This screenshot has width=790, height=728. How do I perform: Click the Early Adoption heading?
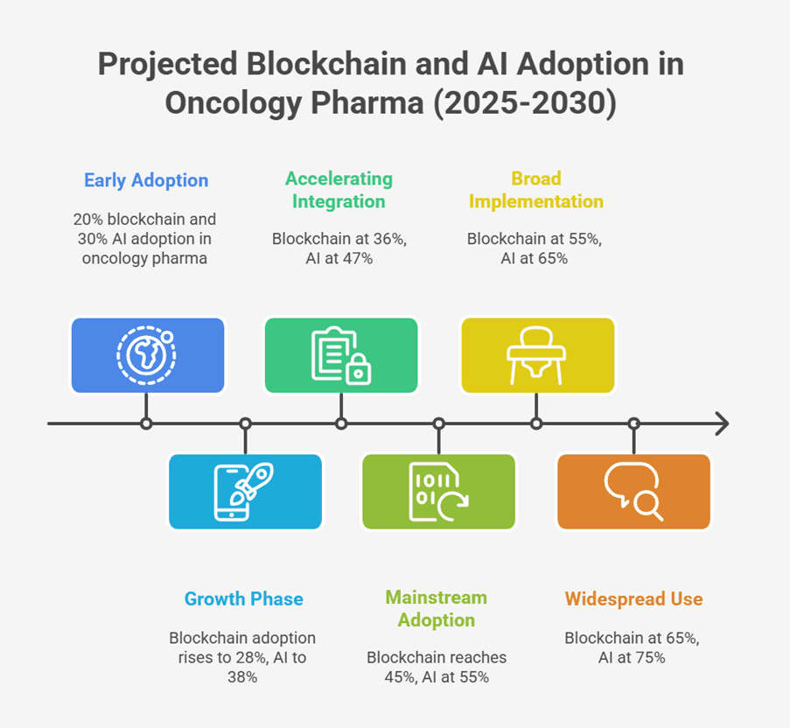tap(146, 180)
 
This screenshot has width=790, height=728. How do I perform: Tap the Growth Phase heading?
tap(244, 598)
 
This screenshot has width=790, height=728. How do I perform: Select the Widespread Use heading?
tap(633, 598)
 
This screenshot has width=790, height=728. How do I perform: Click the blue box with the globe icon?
tap(148, 355)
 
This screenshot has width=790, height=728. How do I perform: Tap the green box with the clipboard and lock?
tap(341, 355)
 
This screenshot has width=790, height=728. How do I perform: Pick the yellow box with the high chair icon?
tap(537, 355)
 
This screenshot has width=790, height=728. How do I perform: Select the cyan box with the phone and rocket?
tap(245, 492)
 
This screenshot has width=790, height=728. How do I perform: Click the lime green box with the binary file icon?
tap(439, 492)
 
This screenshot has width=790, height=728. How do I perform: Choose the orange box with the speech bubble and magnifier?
tap(633, 492)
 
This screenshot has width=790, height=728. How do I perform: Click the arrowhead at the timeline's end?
tap(724, 423)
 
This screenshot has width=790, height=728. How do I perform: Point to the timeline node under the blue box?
tap(146, 423)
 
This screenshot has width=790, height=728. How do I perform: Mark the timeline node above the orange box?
tap(633, 423)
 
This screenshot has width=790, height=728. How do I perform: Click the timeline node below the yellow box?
tap(536, 423)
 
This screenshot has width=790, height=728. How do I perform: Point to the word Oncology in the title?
tap(234, 103)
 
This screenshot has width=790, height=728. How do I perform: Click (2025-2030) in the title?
tap(525, 103)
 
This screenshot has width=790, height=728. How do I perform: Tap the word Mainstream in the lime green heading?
tap(437, 597)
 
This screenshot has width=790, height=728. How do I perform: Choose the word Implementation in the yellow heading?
tap(536, 201)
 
